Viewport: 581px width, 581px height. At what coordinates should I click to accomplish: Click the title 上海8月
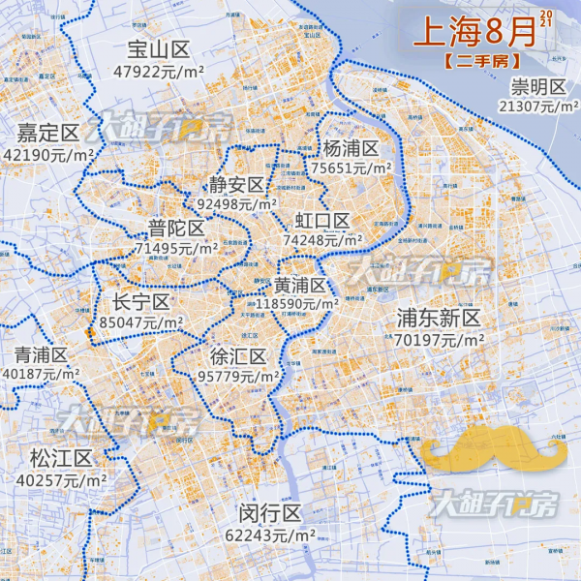pos(474,31)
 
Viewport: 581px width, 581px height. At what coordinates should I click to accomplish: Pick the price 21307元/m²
pos(538,107)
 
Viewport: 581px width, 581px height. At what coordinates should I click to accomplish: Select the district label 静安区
pos(237,185)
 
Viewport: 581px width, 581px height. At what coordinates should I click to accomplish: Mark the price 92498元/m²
pos(237,204)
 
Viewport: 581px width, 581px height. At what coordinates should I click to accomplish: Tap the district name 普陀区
pos(176,229)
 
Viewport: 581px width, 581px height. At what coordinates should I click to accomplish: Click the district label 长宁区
pos(141,301)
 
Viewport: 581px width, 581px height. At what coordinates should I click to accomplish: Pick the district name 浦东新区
pos(439,319)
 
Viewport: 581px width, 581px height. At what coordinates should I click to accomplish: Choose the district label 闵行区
pos(273,514)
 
